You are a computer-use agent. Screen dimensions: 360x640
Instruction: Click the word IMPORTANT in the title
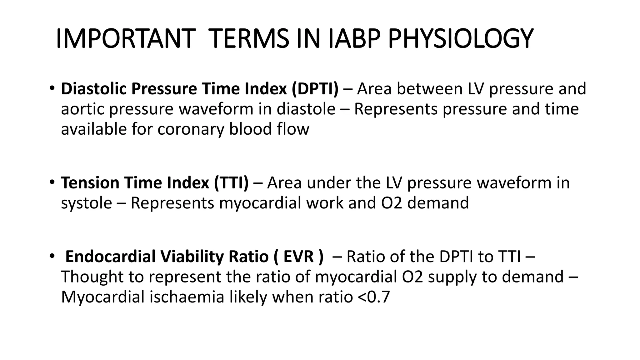(x=124, y=39)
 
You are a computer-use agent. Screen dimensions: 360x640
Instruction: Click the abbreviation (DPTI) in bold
(x=315, y=89)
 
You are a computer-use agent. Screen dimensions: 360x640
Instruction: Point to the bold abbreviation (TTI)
(x=231, y=183)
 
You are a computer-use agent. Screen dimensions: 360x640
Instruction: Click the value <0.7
(x=373, y=297)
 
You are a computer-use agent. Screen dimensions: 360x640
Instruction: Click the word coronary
(x=191, y=129)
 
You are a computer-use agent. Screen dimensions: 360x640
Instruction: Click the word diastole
(x=306, y=109)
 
